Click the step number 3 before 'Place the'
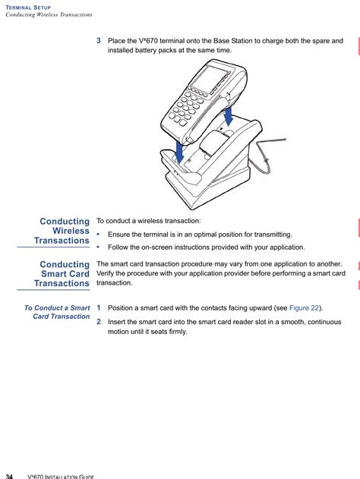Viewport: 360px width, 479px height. pos(99,41)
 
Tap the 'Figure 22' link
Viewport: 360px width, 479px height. pos(304,308)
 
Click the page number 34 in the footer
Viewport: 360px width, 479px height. pos(9,477)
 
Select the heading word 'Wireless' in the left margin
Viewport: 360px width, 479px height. pos(71,231)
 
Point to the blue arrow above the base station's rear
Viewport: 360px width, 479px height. pos(228,116)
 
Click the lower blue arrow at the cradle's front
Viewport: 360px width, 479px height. pos(179,150)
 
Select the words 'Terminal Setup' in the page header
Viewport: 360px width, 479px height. pos(28,8)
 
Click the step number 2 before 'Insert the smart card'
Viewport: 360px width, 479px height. pos(99,322)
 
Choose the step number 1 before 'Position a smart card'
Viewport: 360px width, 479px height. pos(99,308)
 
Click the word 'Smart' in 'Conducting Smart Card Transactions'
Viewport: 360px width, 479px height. pos(52,274)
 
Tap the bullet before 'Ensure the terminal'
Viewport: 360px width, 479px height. pos(98,235)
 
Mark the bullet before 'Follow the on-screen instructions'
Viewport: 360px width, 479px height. pos(98,247)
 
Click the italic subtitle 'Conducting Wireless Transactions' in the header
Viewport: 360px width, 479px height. pos(49,14)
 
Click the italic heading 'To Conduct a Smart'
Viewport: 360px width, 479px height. pos(57,308)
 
